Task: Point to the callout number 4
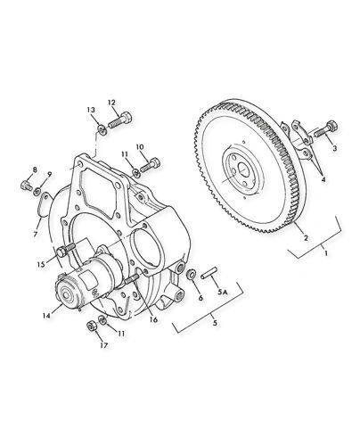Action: tap(323, 178)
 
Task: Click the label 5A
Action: tap(224, 291)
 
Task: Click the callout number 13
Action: tap(91, 110)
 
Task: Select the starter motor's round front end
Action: tap(68, 292)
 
